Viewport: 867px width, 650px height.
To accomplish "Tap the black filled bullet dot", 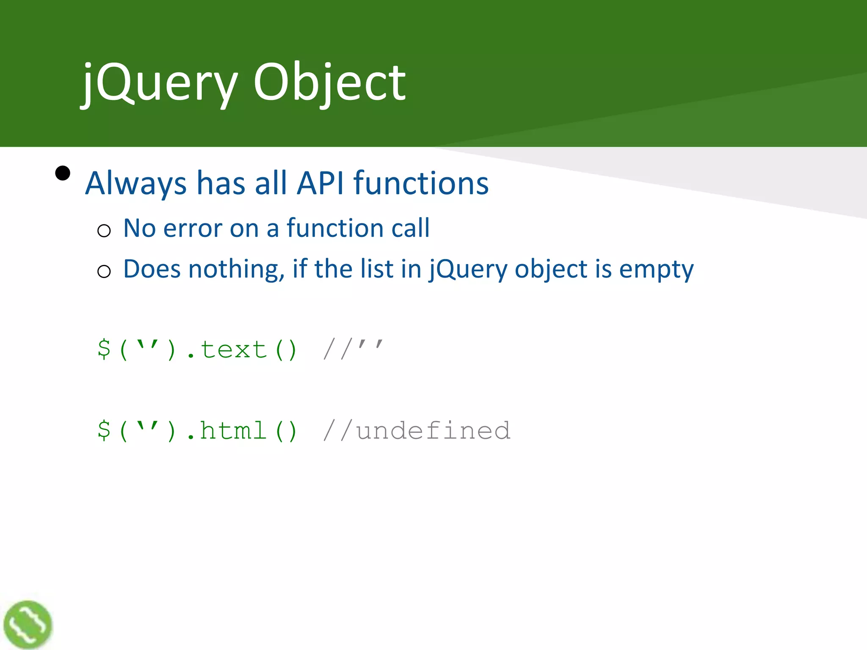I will tap(63, 173).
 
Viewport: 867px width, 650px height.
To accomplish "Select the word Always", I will tap(136, 183).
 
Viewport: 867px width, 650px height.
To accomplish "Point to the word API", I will tap(320, 183).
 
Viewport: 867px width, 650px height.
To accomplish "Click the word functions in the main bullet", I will tap(421, 183).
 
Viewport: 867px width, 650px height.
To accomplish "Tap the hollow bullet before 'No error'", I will tap(104, 231).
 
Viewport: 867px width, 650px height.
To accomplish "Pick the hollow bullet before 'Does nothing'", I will tap(104, 271).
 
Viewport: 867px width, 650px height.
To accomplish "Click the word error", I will tap(193, 229).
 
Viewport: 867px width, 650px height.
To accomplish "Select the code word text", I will tap(233, 350).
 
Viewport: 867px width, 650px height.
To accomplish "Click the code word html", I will tap(233, 431).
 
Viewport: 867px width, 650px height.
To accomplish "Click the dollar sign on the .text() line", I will tap(104, 349).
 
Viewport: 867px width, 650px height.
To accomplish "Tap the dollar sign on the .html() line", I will tap(104, 430).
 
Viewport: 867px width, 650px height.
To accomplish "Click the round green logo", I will tap(28, 625).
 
